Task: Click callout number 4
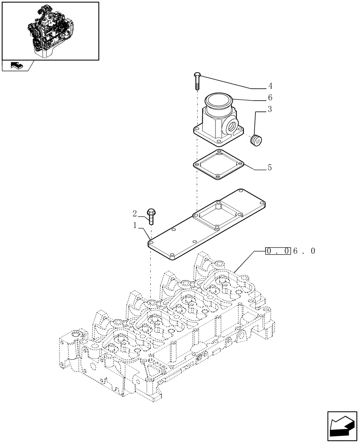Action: coord(270,86)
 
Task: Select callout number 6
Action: coord(270,97)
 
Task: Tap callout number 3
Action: coord(270,109)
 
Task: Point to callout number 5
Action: coord(270,168)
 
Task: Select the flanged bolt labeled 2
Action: coord(152,216)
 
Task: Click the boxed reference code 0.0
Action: coord(278,251)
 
